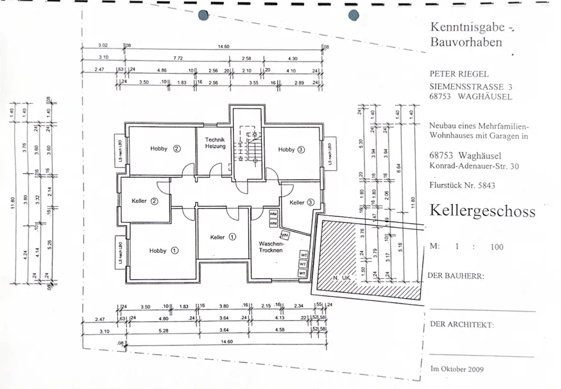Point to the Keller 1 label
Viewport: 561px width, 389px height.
click(223, 237)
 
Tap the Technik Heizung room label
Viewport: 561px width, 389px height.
click(215, 143)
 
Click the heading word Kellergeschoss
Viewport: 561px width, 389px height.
click(482, 211)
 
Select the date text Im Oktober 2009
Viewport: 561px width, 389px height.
click(457, 369)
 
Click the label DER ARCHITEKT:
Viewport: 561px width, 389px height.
click(462, 325)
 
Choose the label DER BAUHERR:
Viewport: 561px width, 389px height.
click(456, 276)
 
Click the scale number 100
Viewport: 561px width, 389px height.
click(496, 247)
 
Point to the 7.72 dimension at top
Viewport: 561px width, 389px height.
click(178, 58)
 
